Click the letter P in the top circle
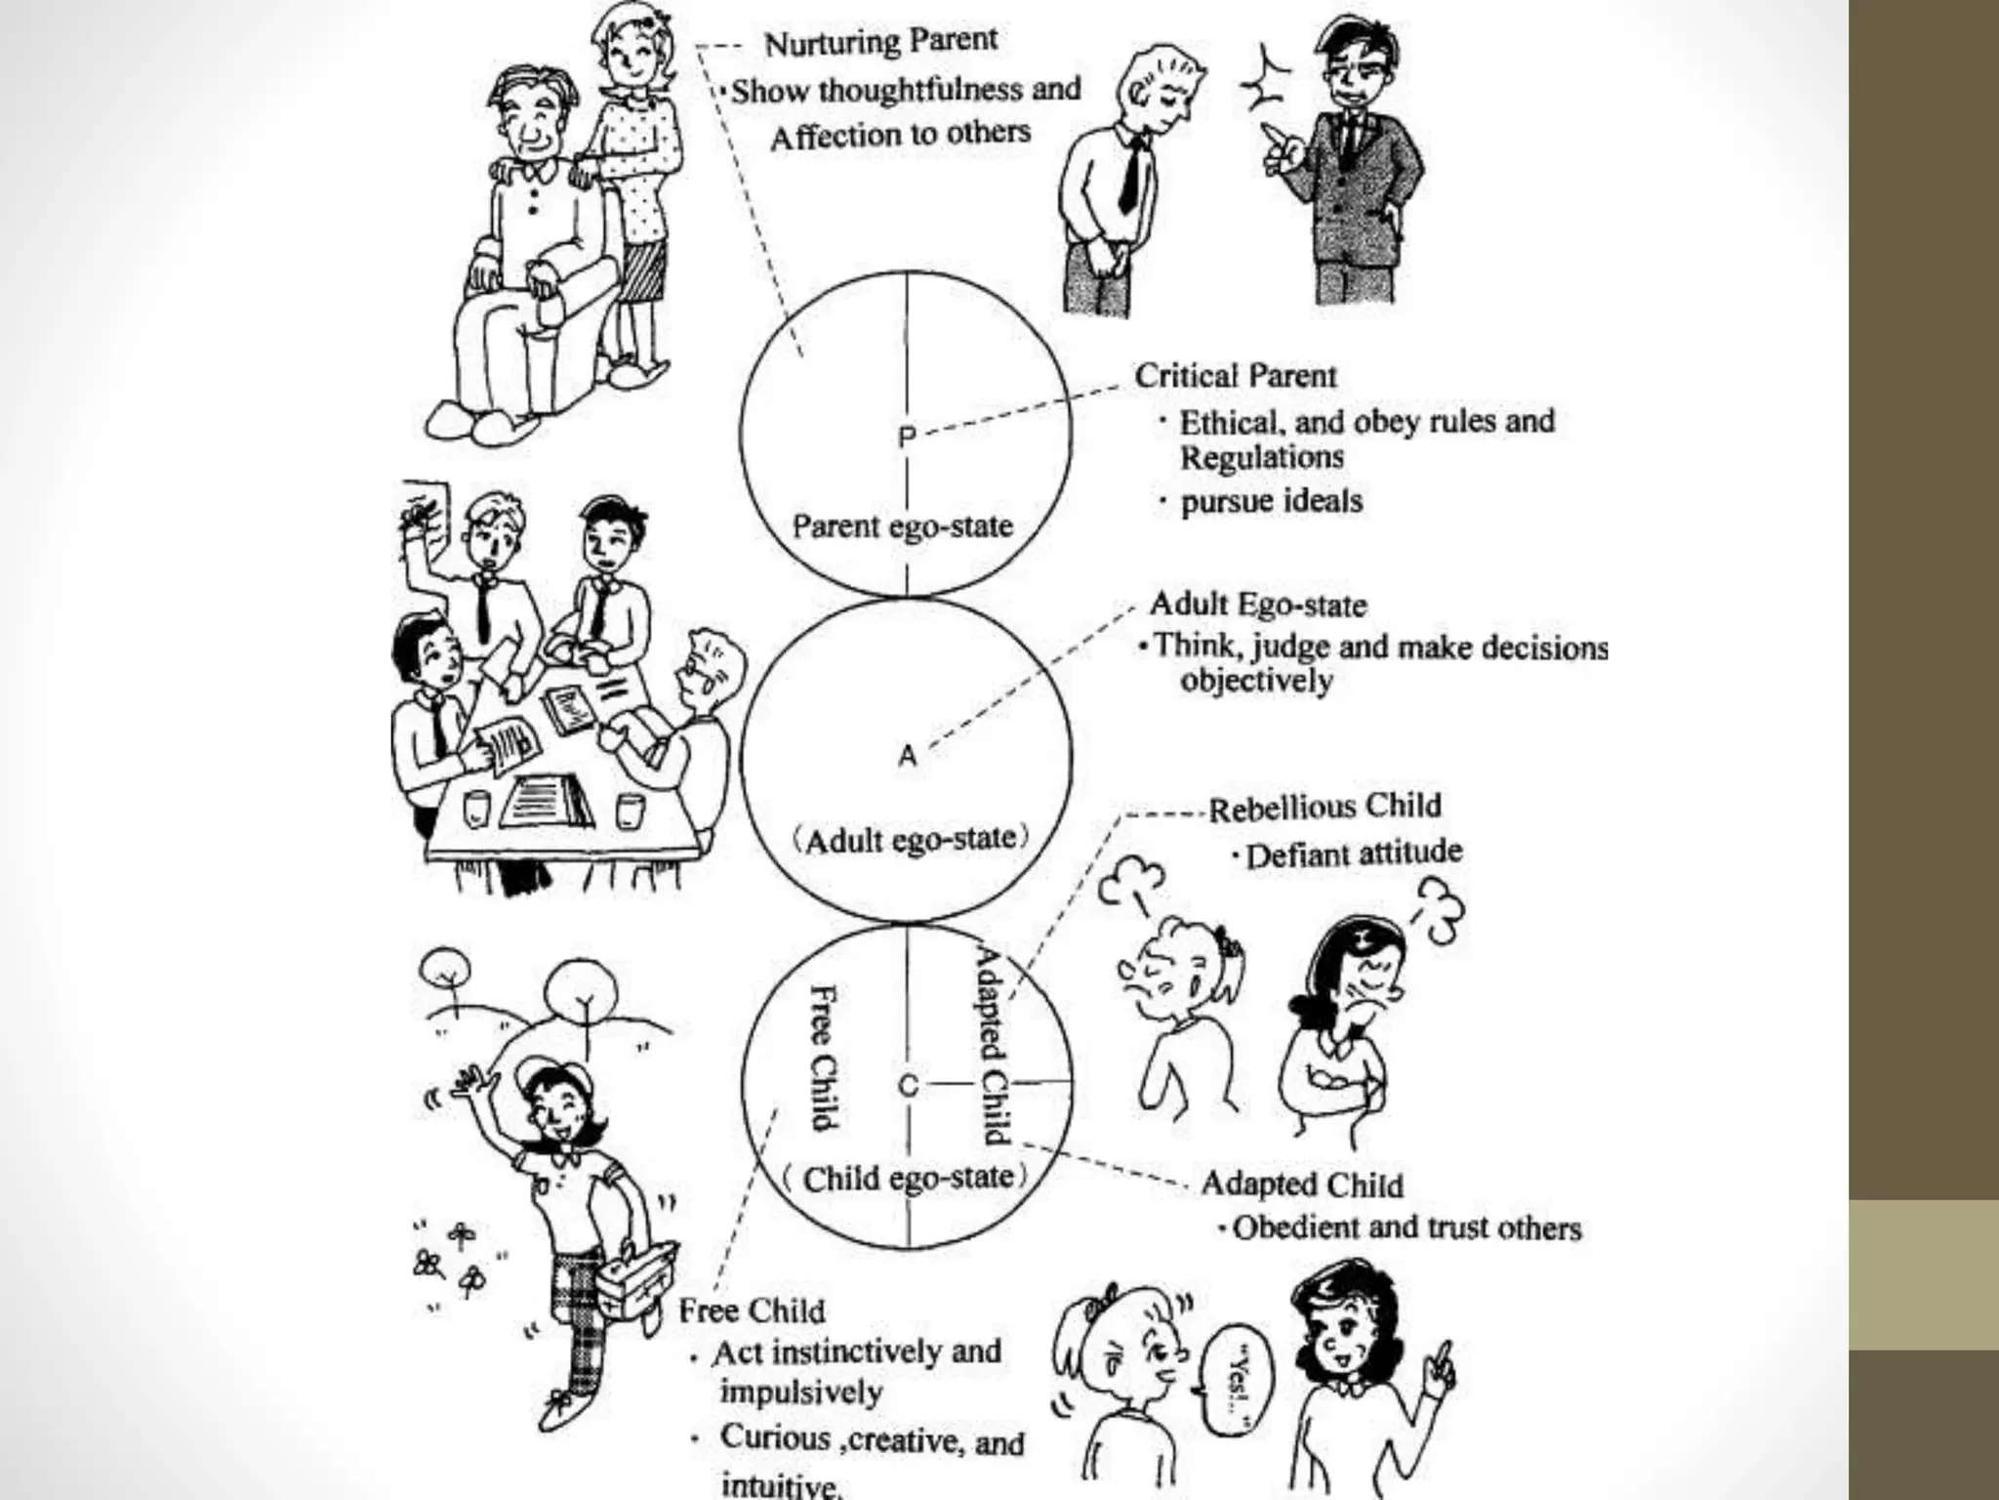tap(907, 437)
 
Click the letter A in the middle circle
tap(908, 755)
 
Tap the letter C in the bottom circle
tap(908, 1085)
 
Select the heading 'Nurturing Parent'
tap(880, 42)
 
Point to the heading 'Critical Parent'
tap(1235, 376)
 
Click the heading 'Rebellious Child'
tap(1325, 808)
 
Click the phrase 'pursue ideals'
tap(1271, 502)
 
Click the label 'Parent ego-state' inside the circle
tap(902, 526)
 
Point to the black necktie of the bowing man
tap(1131, 176)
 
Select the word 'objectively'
tap(1256, 680)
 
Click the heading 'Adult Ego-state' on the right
tap(1258, 604)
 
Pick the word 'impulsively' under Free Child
tap(800, 1392)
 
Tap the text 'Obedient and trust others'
tap(1406, 1228)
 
